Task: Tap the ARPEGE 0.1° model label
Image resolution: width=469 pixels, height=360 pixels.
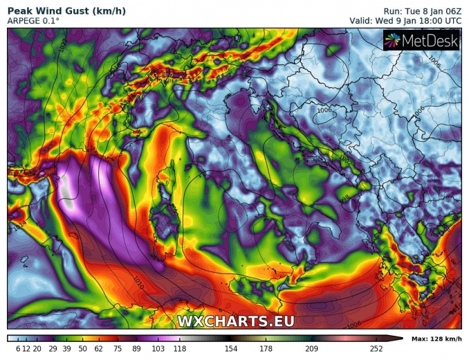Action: (x=34, y=21)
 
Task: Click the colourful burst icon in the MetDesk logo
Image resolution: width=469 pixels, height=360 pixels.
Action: (x=394, y=42)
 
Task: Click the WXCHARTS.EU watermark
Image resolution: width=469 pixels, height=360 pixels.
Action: (x=236, y=321)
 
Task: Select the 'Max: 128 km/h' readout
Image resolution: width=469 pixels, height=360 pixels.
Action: (x=436, y=339)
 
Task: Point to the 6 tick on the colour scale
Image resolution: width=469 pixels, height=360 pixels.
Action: (x=18, y=348)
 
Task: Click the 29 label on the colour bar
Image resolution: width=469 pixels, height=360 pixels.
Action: (x=52, y=348)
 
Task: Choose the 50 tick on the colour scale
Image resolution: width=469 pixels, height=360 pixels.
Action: (x=82, y=348)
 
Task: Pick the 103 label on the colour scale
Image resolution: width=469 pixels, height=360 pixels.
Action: (x=158, y=348)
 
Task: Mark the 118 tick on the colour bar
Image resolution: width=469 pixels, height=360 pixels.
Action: (x=180, y=348)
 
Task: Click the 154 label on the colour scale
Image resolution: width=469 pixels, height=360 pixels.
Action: (x=231, y=348)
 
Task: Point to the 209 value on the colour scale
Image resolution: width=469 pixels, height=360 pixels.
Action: (x=311, y=348)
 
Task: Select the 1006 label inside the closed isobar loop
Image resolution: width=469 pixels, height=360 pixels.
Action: (x=324, y=109)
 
